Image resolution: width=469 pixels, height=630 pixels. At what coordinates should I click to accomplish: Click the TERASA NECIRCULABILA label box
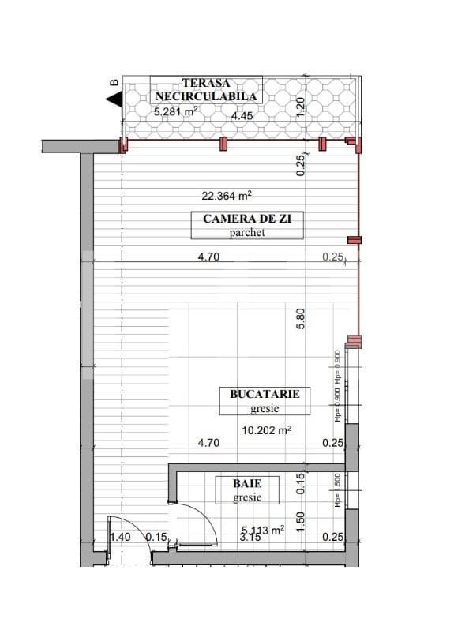click(205, 89)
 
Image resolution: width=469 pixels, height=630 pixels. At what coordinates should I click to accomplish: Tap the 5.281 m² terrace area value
click(176, 111)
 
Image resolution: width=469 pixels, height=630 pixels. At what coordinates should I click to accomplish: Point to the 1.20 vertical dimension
click(300, 105)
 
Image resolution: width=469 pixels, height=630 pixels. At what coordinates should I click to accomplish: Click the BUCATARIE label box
click(265, 400)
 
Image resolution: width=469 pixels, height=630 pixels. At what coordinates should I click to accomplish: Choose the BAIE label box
click(246, 489)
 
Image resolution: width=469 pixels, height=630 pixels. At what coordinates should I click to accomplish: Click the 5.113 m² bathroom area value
click(262, 531)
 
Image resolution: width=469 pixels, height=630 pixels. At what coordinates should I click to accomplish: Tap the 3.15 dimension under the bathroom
click(250, 538)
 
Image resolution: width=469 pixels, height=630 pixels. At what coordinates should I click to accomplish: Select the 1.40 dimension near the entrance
click(120, 538)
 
